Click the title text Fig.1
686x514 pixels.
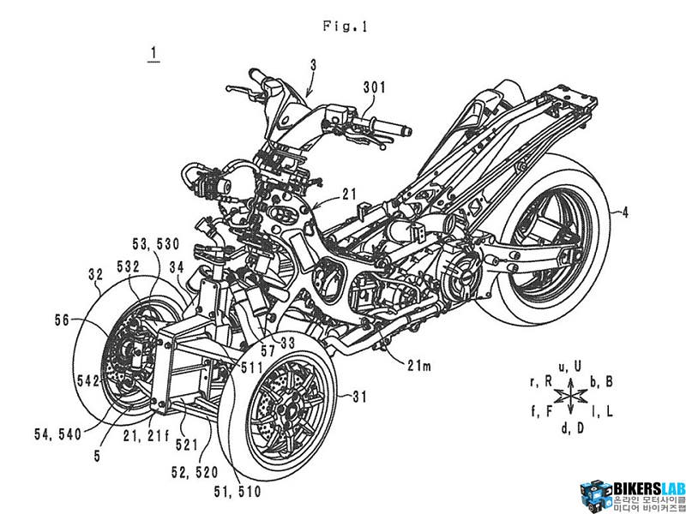[x=345, y=26]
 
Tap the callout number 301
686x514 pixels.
[x=376, y=86]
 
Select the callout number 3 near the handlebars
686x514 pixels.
[x=313, y=63]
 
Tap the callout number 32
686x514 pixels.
[x=95, y=275]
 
